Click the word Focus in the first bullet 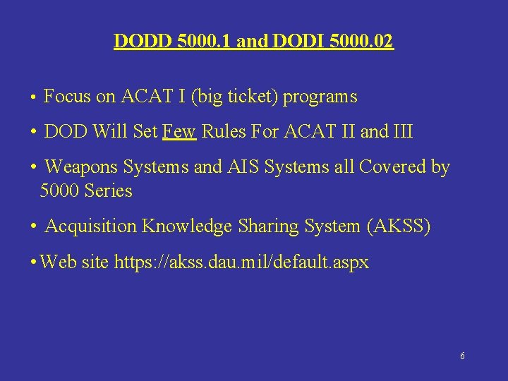pos(67,97)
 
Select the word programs pos(320,97)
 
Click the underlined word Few pos(179,132)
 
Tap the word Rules pos(223,132)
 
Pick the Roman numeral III pos(403,132)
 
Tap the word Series pos(109,191)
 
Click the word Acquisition pos(91,226)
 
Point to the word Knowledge pos(187,226)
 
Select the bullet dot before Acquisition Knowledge pos(33,227)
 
